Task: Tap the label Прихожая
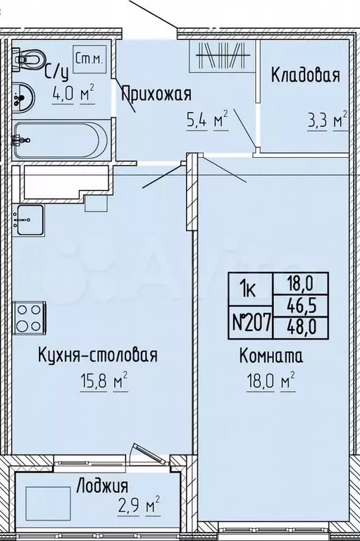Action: [x=156, y=94]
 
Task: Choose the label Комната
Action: [x=270, y=356]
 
